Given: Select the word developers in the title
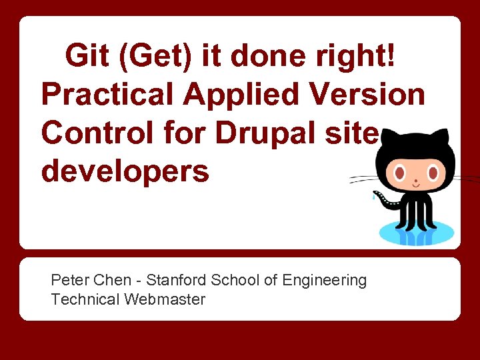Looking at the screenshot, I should (x=125, y=171).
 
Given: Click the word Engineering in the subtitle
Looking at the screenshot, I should (x=325, y=280).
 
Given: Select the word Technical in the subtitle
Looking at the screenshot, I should (x=85, y=299).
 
